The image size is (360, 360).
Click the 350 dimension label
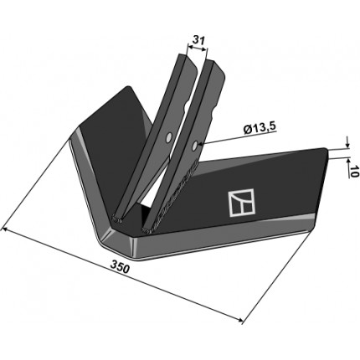click(x=121, y=268)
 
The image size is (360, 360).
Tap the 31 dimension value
click(x=198, y=40)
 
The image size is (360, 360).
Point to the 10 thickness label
click(x=353, y=172)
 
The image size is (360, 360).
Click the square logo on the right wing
click(x=242, y=203)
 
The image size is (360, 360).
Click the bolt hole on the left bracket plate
click(x=169, y=138)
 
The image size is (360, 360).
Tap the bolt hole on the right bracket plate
click(x=195, y=146)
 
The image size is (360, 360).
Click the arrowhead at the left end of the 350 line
click(x=4, y=229)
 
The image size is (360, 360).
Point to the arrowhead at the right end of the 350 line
click(x=239, y=320)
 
